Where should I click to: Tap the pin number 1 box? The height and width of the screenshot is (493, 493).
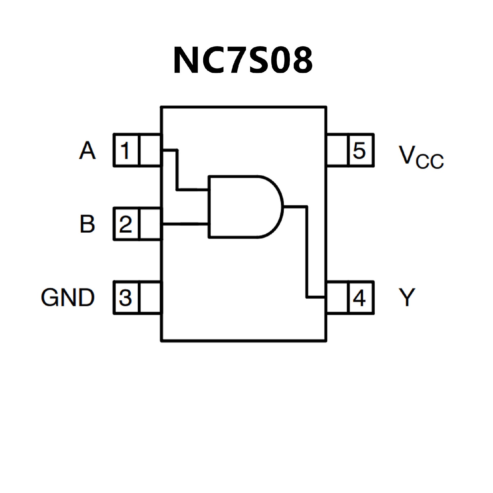pyautogui.click(x=126, y=150)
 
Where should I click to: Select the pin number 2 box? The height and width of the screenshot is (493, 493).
pyautogui.click(x=126, y=224)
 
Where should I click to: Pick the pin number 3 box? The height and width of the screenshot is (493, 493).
pyautogui.click(x=126, y=298)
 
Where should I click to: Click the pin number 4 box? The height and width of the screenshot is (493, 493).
pyautogui.click(x=360, y=298)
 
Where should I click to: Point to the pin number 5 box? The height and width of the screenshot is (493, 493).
pyautogui.click(x=360, y=150)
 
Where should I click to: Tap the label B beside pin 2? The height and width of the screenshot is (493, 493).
pyautogui.click(x=87, y=224)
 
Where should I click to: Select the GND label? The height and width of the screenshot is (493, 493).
pyautogui.click(x=68, y=298)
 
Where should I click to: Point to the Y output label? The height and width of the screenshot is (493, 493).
pyautogui.click(x=407, y=298)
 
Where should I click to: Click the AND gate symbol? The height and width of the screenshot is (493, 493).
pyautogui.click(x=241, y=207)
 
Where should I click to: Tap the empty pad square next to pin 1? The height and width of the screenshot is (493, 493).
pyautogui.click(x=150, y=150)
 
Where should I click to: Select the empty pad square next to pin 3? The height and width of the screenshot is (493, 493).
pyautogui.click(x=150, y=298)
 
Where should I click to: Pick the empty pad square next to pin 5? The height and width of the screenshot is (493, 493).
pyautogui.click(x=337, y=150)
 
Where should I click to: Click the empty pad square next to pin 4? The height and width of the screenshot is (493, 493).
pyautogui.click(x=337, y=298)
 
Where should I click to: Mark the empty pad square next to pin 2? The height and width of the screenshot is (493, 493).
pyautogui.click(x=150, y=224)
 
